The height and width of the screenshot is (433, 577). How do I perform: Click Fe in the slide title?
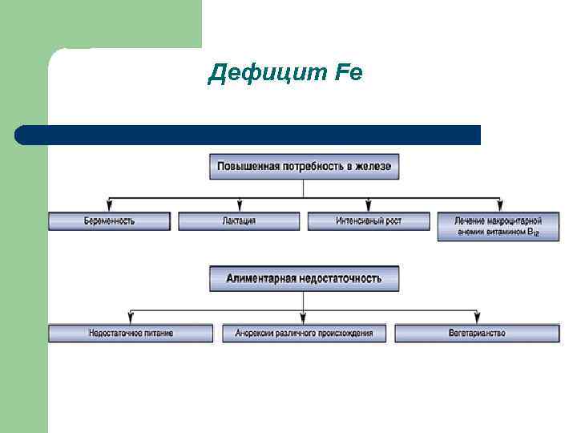(x=345, y=74)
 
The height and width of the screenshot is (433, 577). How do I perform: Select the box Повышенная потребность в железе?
(x=304, y=166)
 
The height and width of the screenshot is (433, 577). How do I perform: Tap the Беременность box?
(x=110, y=221)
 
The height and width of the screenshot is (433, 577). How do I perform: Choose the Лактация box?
(x=239, y=221)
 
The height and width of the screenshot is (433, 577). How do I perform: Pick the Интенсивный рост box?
(x=369, y=221)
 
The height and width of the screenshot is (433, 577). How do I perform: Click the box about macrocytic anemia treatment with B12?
(x=498, y=226)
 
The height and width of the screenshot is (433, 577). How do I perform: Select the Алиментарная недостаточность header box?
(x=304, y=279)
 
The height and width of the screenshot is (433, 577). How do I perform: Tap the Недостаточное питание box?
(x=131, y=333)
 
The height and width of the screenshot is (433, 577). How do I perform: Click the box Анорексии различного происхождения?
(x=304, y=333)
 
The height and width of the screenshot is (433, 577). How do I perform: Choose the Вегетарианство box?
(x=478, y=333)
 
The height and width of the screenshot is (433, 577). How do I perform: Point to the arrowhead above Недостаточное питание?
(x=131, y=318)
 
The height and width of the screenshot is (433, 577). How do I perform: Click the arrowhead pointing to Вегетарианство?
(x=478, y=318)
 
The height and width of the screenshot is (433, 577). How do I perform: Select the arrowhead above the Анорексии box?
(x=304, y=318)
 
